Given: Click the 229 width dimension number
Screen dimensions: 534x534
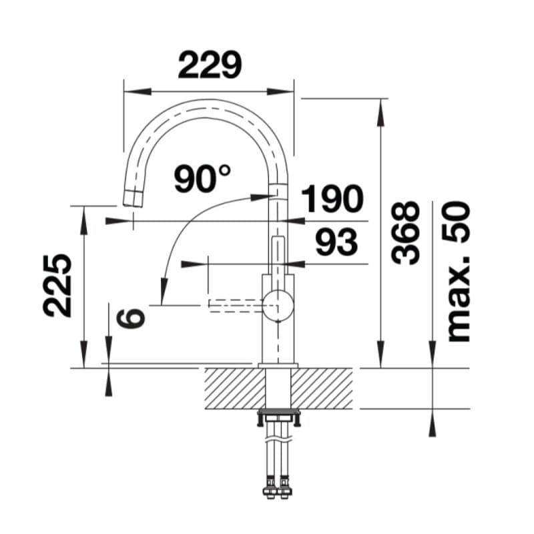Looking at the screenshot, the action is pos(210,65).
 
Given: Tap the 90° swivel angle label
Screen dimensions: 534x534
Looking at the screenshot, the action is pos(202,178).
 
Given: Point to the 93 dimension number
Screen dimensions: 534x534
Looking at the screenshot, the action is pos(336,242).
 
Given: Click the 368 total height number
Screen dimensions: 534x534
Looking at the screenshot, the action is pos(405,232).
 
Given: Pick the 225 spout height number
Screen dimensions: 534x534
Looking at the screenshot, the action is pos(57,286).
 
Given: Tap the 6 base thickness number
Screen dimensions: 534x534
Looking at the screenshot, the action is pos(131,318).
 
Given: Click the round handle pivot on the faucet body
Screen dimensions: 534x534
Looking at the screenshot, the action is pos(278,305).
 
